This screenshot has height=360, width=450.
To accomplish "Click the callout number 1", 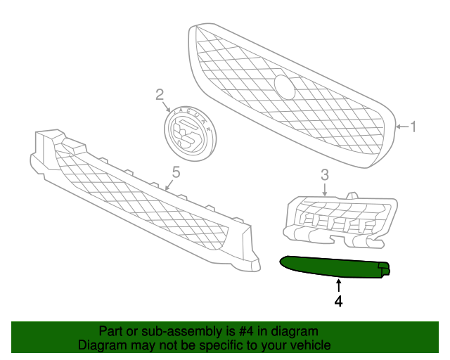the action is click(x=413, y=127).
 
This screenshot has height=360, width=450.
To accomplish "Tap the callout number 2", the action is click(x=160, y=94).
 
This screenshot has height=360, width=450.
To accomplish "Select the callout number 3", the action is click(x=325, y=175).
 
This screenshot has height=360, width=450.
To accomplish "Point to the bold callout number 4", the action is click(x=339, y=302).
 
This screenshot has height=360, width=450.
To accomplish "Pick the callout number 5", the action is click(x=176, y=172).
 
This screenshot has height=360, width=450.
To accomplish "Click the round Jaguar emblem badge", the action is click(x=190, y=134).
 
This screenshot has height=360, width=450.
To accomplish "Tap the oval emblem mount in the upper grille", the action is click(x=284, y=87).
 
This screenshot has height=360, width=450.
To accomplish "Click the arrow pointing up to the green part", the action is click(x=339, y=286).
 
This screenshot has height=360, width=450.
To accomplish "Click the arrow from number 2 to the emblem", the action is click(x=167, y=106).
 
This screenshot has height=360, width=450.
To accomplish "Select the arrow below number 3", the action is click(x=325, y=190).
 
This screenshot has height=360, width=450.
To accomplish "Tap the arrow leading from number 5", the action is click(x=169, y=185).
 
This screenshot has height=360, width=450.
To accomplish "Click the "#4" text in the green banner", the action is click(x=246, y=331).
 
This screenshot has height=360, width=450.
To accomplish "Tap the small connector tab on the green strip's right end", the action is click(x=384, y=269).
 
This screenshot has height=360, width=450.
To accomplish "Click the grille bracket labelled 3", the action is click(x=340, y=220).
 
